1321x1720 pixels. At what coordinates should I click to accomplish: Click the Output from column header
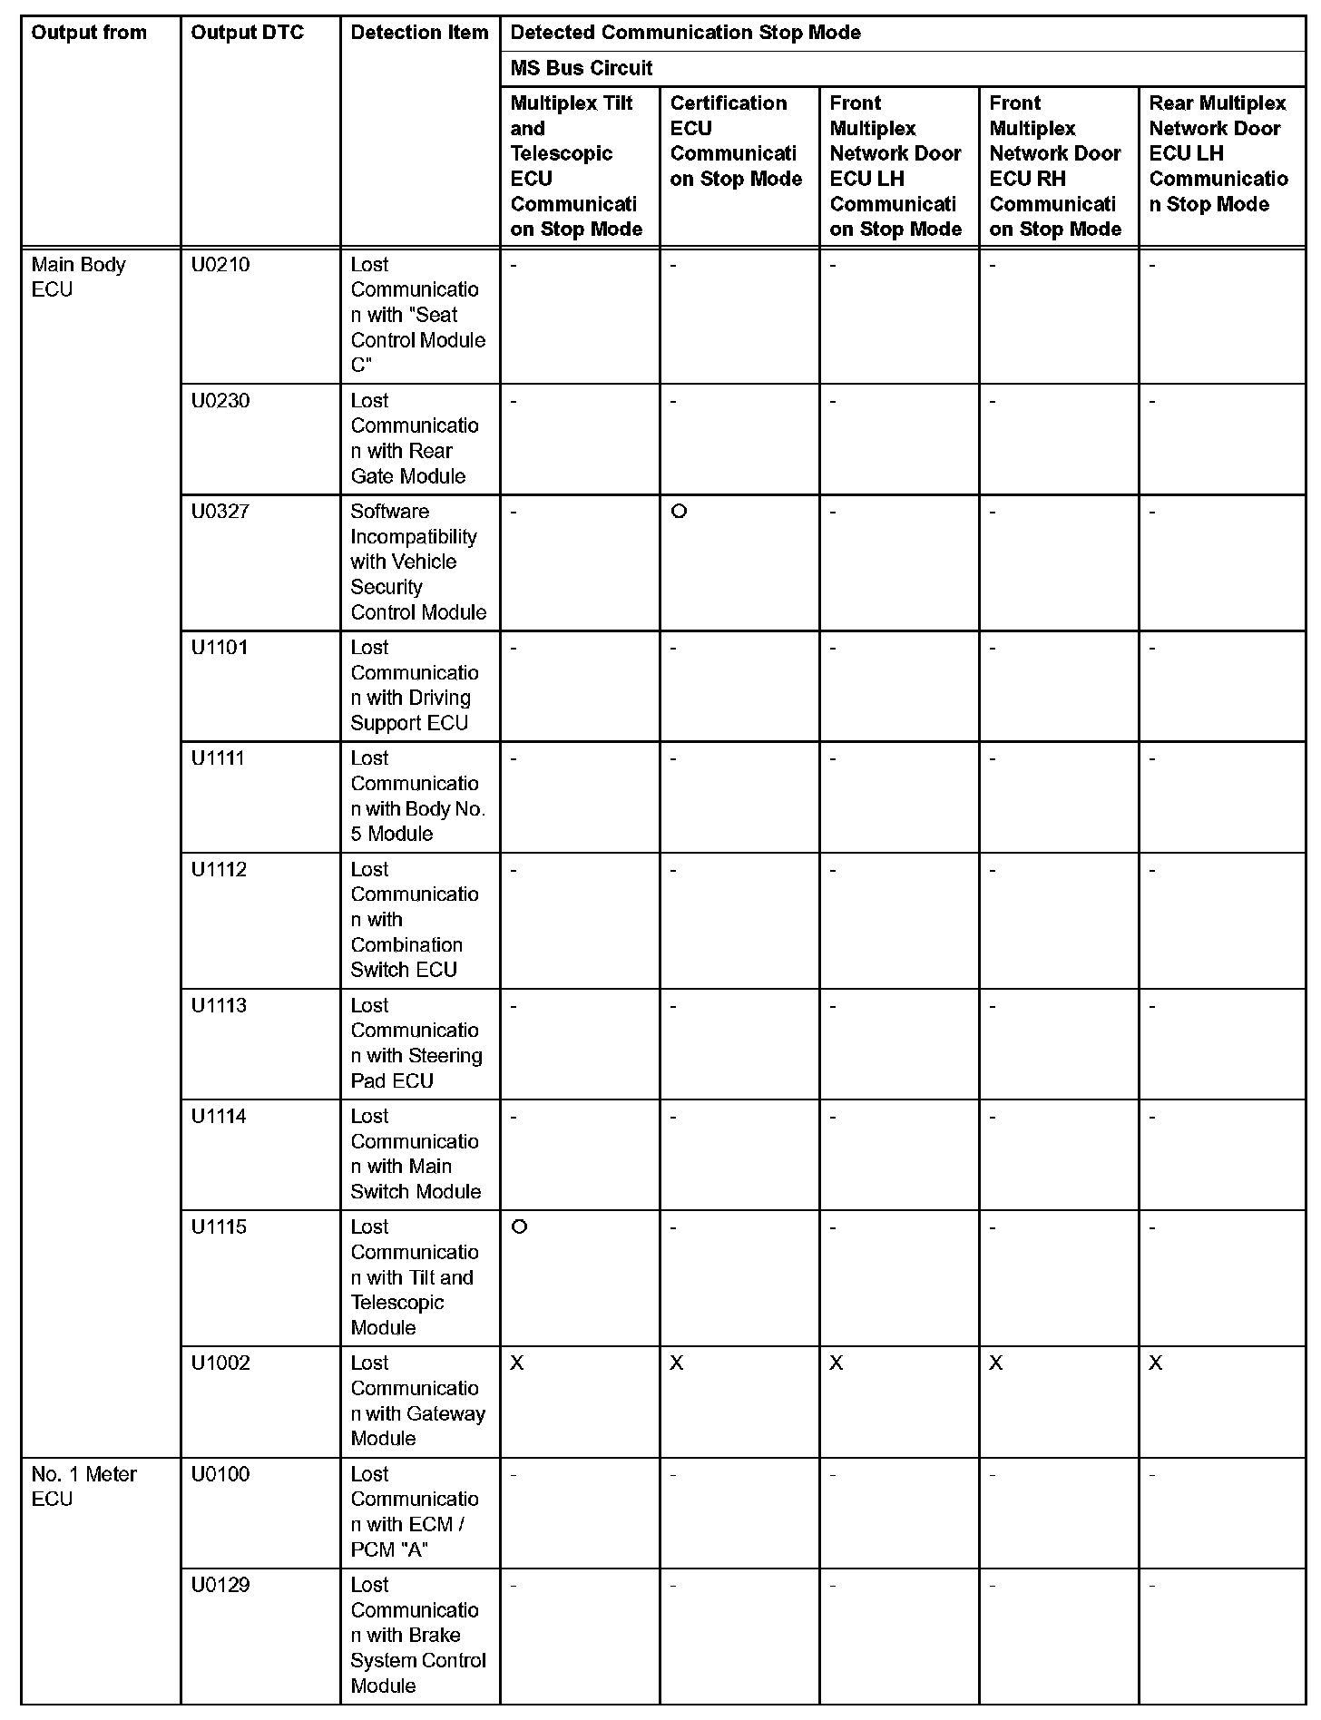point(89,33)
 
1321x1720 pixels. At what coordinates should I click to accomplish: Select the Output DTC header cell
point(247,33)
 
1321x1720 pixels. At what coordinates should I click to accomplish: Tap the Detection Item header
point(419,33)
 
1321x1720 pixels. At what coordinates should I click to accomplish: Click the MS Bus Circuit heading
point(581,68)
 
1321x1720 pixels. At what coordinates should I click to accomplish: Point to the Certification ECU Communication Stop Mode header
point(736,141)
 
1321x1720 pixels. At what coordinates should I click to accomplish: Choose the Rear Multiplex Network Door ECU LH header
point(1218,153)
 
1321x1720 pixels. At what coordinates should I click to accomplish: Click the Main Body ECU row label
point(78,277)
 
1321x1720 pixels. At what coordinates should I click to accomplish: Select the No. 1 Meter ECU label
point(83,1486)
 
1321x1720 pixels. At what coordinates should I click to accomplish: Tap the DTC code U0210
point(220,265)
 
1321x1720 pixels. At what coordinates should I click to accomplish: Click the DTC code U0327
point(220,512)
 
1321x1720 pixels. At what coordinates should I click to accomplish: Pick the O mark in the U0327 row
point(679,512)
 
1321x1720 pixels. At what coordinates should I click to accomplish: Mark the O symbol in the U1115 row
point(519,1226)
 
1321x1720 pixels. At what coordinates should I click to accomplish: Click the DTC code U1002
point(220,1363)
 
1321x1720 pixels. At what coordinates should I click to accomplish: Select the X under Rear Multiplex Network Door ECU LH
point(1155,1363)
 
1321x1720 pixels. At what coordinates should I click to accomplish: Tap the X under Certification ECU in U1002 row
point(677,1363)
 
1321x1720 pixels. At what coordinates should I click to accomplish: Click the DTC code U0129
point(220,1585)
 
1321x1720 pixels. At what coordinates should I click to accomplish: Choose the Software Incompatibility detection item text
point(417,562)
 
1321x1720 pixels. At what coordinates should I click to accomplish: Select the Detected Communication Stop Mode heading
point(685,33)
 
